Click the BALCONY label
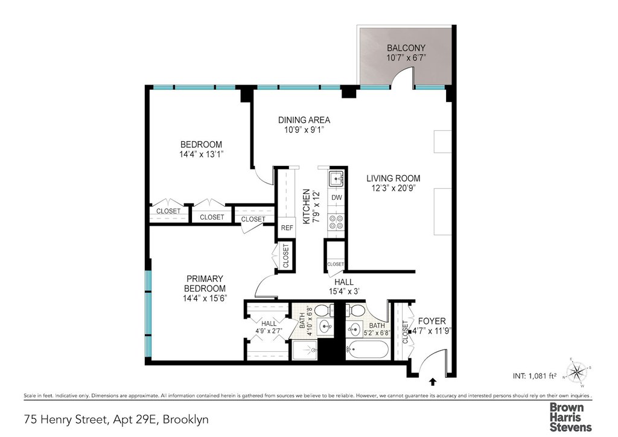tap(406, 48)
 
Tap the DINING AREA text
tap(304, 120)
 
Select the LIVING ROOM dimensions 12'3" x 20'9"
tap(393, 188)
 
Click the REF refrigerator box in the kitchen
tap(287, 228)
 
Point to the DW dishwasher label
tap(336, 197)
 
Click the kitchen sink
tap(336, 179)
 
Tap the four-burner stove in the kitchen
tap(336, 222)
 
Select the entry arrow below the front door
tap(433, 381)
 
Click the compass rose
tap(577, 372)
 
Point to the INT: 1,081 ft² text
tap(535, 376)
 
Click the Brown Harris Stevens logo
tap(570, 417)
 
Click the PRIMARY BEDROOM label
tap(205, 283)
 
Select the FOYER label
tap(432, 321)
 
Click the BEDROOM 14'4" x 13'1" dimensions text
tap(202, 155)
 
